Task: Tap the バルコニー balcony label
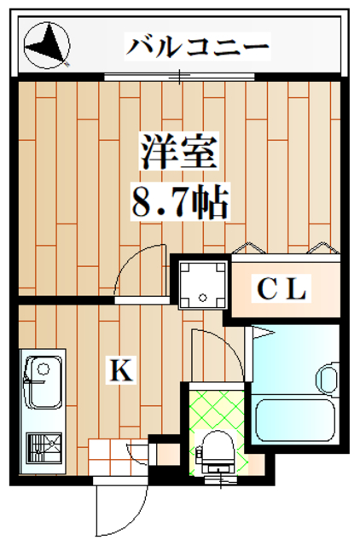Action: pyautogui.click(x=198, y=44)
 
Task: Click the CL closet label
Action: pyautogui.click(x=282, y=291)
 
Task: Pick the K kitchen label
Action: pyautogui.click(x=119, y=370)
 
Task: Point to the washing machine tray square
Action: pyautogui.click(x=203, y=284)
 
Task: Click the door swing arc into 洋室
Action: pyautogui.click(x=141, y=271)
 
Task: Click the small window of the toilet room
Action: pyautogui.click(x=224, y=480)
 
